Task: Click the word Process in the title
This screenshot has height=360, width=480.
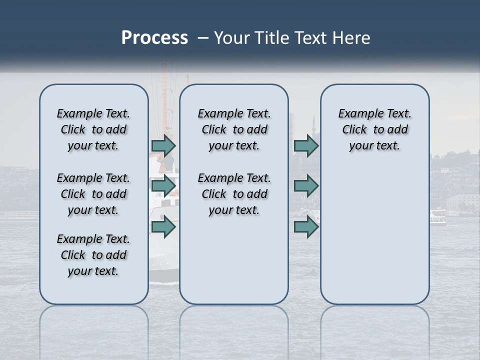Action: point(154,38)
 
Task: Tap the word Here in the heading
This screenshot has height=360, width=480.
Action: point(350,38)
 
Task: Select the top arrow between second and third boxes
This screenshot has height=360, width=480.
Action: point(306,145)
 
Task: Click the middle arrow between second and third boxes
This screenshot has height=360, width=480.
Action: point(306,186)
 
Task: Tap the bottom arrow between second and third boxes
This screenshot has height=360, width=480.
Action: point(306,226)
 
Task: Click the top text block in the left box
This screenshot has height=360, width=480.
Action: point(93,129)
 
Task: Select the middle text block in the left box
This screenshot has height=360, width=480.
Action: point(93,194)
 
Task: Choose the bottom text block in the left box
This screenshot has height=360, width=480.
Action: point(93,255)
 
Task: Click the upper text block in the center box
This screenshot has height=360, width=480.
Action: point(234,129)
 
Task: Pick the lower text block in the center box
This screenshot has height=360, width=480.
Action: point(234,194)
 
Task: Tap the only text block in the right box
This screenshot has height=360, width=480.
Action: point(374,129)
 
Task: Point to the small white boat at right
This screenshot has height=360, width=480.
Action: point(438,218)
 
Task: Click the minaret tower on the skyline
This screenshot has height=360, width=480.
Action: point(313,125)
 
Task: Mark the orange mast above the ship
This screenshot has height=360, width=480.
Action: point(187,80)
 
